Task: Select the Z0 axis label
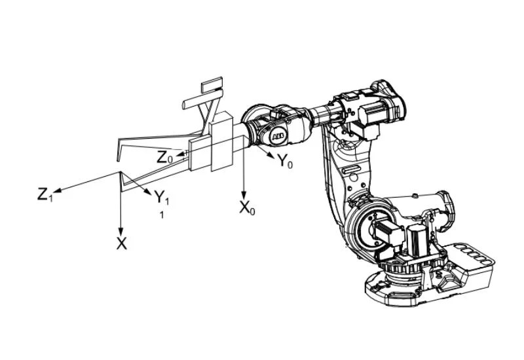pos(165,157)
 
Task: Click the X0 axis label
pos(247,209)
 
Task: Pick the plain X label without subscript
pos(121,244)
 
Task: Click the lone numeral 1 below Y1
pos(162,214)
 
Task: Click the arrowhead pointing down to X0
pos(244,196)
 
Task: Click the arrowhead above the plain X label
pos(121,231)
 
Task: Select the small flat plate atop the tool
pos(212,85)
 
